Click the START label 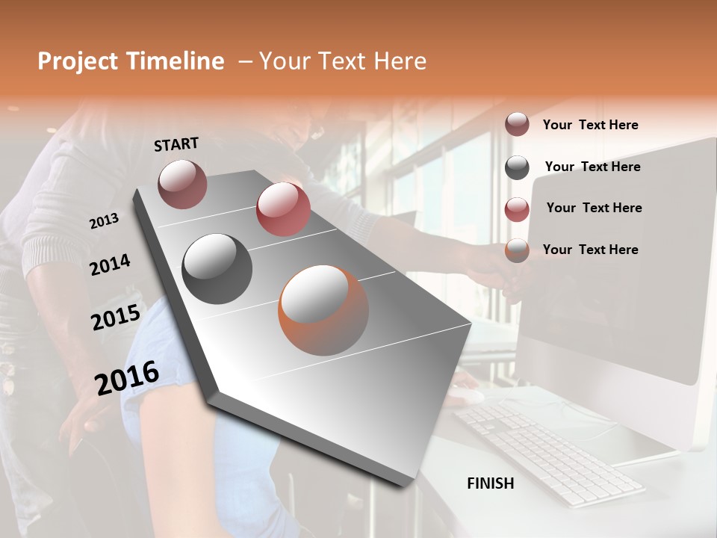point(176,144)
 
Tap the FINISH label point(490,483)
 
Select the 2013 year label point(104,221)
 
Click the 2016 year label point(127,377)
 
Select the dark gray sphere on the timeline point(217,269)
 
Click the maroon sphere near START point(182,184)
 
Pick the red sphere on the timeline point(283,209)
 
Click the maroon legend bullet point(517,125)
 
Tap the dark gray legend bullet point(517,167)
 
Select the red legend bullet point(517,209)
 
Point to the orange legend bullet point(517,250)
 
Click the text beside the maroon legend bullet point(590,125)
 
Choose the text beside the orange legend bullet point(590,250)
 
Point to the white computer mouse point(467,397)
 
